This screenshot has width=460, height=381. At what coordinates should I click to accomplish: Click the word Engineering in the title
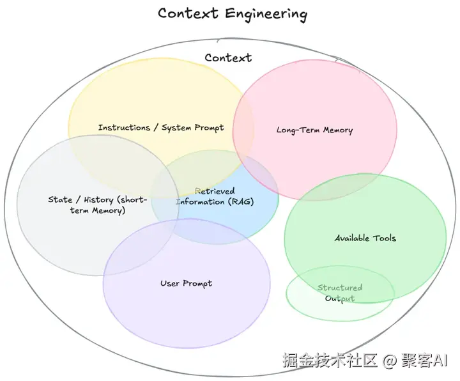tap(266, 14)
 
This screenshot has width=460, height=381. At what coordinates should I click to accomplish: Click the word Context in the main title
tap(188, 13)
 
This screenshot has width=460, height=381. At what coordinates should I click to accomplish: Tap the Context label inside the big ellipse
tap(228, 58)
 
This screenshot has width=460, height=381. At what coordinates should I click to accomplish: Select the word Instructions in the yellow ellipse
tap(124, 127)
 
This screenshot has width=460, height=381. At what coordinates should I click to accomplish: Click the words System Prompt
tap(193, 128)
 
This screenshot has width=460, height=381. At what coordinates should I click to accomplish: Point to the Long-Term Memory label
tap(314, 130)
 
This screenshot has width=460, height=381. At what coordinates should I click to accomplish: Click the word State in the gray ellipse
tap(60, 199)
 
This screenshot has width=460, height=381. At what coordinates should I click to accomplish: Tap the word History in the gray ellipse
tap(98, 200)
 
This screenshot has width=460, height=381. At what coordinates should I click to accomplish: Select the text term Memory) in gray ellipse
tap(98, 210)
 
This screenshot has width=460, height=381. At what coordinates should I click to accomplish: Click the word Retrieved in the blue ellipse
tap(215, 191)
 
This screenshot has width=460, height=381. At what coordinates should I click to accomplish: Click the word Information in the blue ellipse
tap(201, 201)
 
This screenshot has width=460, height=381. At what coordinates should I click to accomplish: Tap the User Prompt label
tap(186, 283)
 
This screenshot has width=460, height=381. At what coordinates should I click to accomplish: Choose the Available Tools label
tap(365, 238)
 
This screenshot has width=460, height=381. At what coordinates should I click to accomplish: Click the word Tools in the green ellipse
tap(385, 238)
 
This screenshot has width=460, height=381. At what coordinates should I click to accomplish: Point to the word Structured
tap(340, 288)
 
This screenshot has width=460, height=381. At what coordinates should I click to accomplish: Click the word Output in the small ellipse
tap(340, 299)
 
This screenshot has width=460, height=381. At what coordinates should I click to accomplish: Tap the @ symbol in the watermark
tap(390, 360)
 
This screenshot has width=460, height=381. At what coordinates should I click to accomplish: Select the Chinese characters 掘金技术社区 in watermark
tap(330, 360)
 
